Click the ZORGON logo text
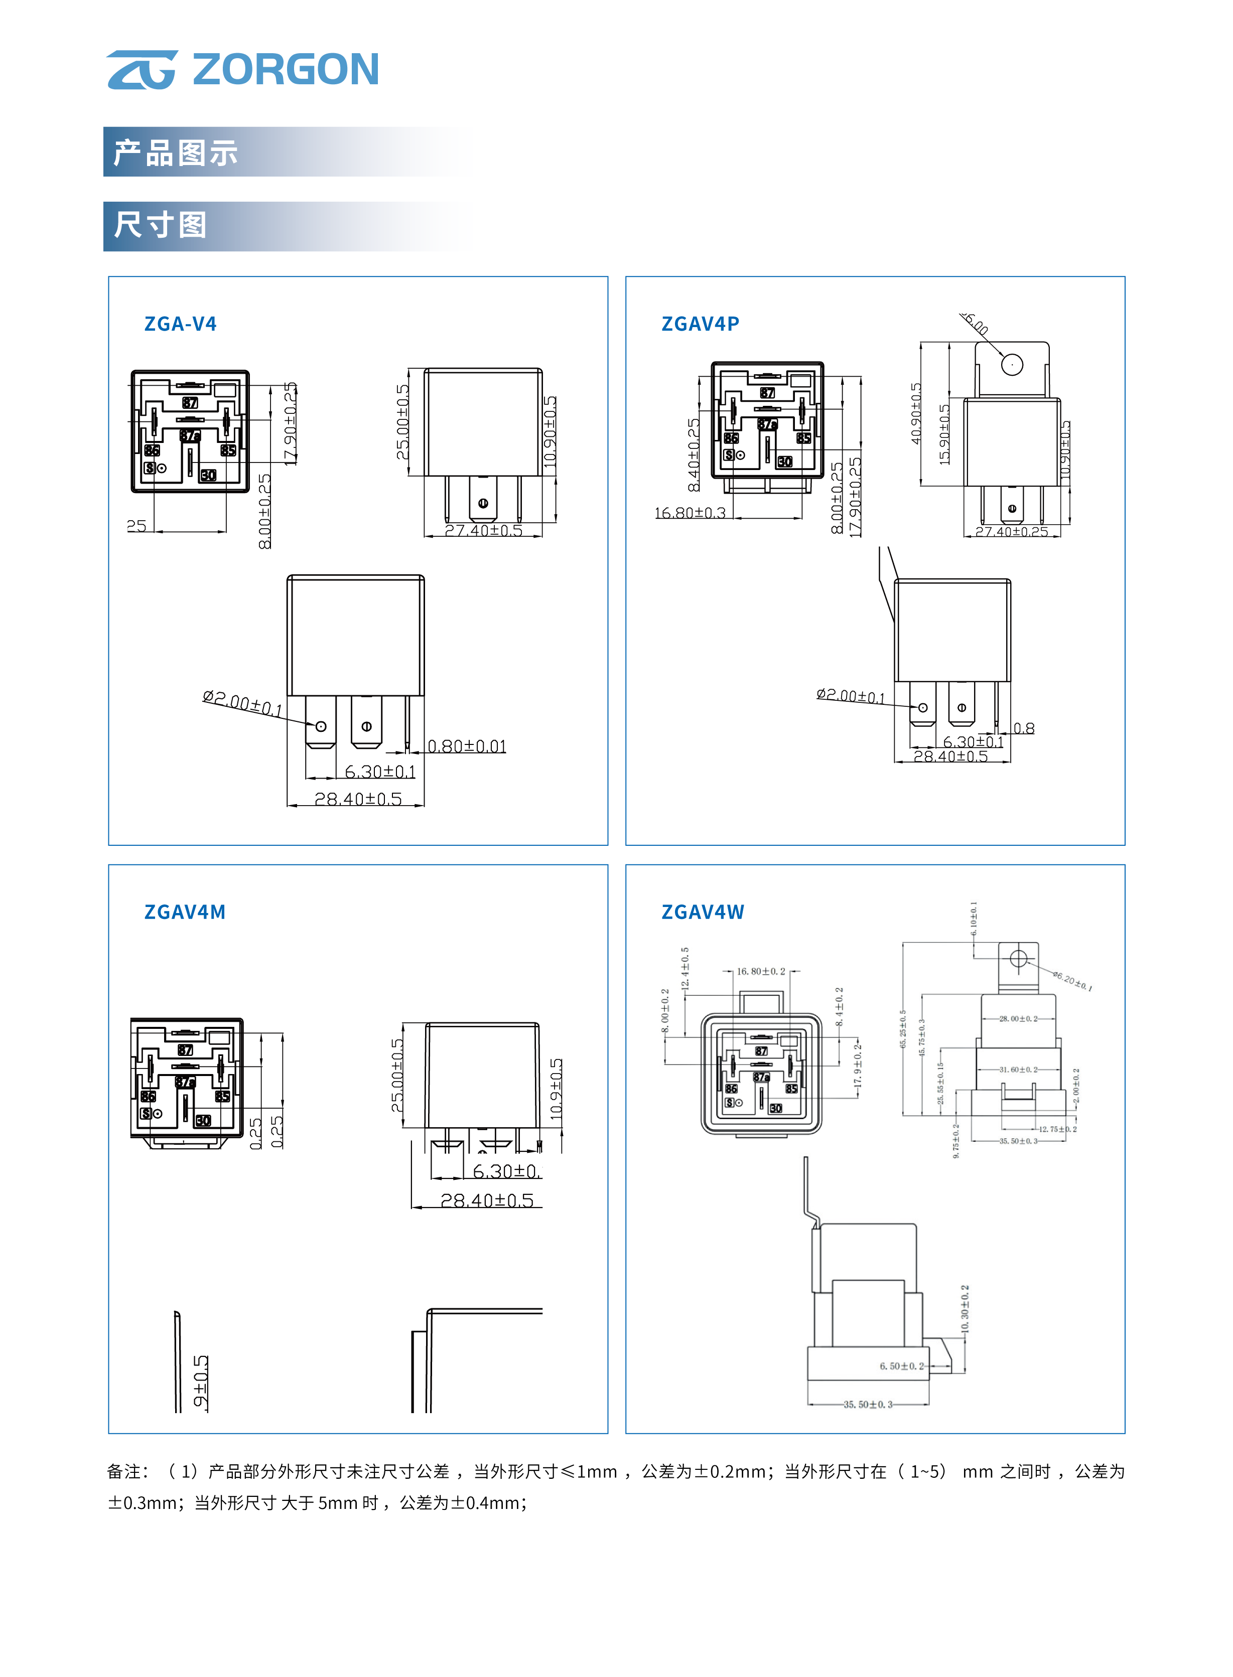pos(285,69)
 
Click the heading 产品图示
pos(176,153)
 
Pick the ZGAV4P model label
pos(700,324)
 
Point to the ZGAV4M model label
pos(184,911)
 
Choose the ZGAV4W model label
pos(703,911)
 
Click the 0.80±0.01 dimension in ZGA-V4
pos(467,746)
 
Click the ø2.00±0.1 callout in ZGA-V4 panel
pos(242,703)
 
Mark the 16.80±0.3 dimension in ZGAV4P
pos(690,513)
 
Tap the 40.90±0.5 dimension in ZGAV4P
pos(916,414)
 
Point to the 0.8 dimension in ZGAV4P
pos(1024,728)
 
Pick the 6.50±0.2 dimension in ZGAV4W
pos(901,1366)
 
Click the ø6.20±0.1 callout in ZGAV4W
pos(1072,981)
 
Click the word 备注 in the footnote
pos(124,1471)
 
